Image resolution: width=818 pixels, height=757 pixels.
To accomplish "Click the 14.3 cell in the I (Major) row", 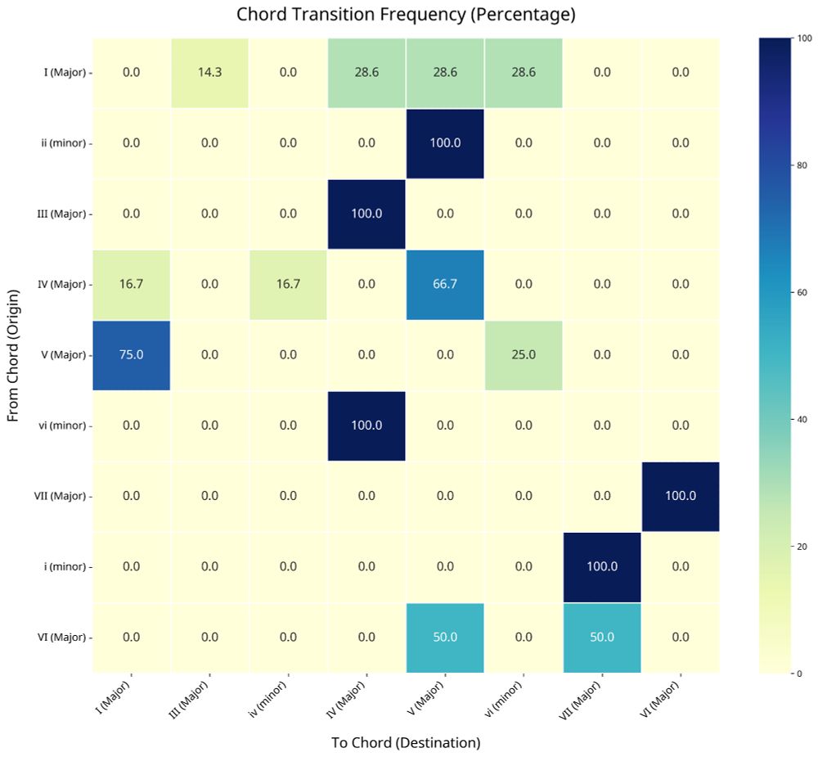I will pyautogui.click(x=209, y=72).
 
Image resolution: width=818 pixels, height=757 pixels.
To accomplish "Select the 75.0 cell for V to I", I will pyautogui.click(x=131, y=355).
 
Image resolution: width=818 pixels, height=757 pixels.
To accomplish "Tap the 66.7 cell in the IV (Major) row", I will pyautogui.click(x=445, y=284).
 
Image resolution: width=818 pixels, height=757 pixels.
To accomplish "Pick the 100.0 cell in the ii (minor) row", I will pyautogui.click(x=445, y=142).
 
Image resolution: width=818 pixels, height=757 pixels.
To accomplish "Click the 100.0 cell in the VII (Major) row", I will pyautogui.click(x=681, y=496).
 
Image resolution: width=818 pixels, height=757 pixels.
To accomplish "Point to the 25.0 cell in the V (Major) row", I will pyautogui.click(x=524, y=355).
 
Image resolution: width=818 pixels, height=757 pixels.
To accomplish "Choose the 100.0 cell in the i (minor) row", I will pyautogui.click(x=602, y=566).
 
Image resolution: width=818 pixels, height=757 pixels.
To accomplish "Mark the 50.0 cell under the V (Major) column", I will pyautogui.click(x=445, y=638).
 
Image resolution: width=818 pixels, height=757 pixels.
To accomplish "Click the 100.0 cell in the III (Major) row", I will pyautogui.click(x=366, y=214).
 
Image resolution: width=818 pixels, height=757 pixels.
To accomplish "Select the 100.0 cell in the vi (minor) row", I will pyautogui.click(x=366, y=426).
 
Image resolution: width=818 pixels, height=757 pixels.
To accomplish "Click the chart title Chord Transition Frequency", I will pyautogui.click(x=406, y=15).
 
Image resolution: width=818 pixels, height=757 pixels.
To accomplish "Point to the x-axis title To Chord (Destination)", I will pyautogui.click(x=406, y=743).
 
